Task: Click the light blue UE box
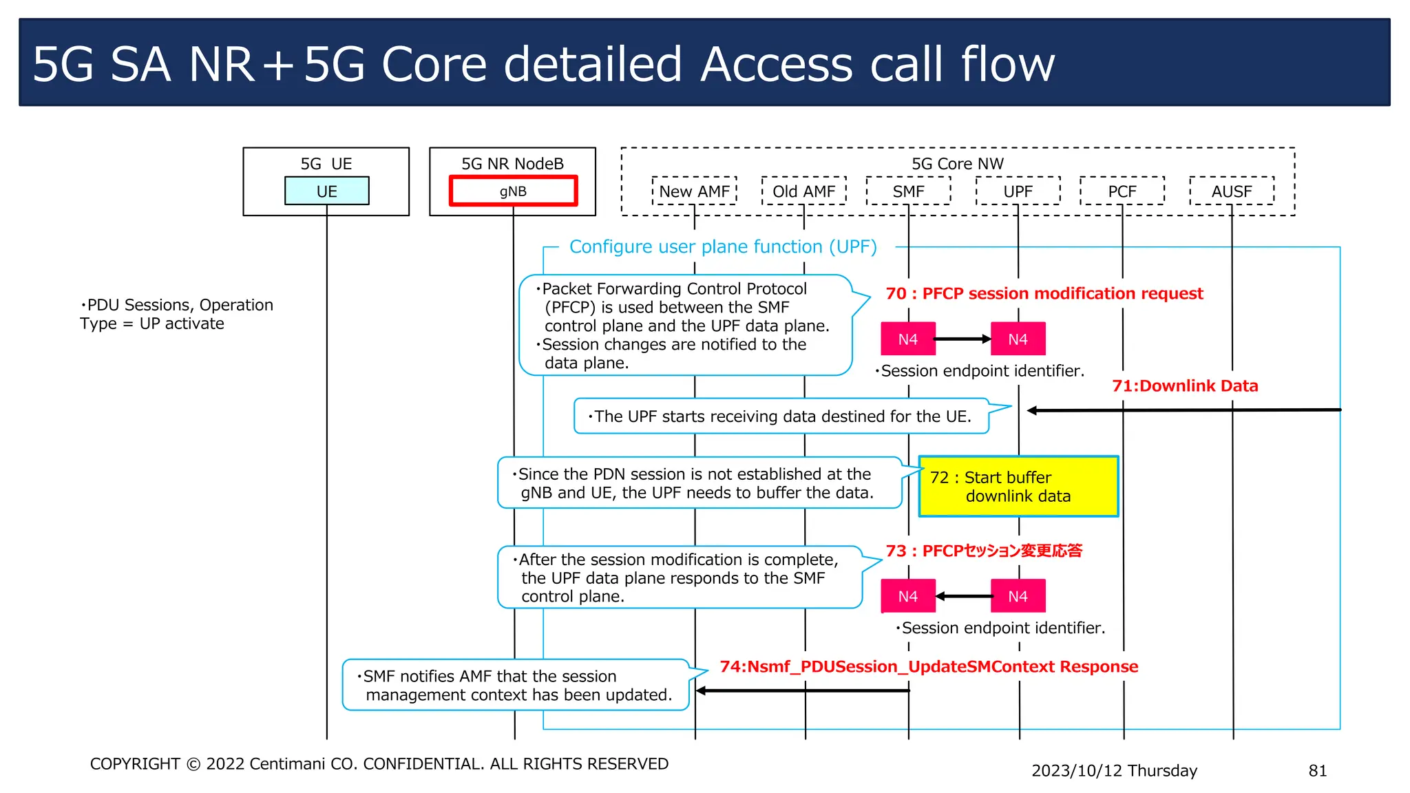coord(326,191)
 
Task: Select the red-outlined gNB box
coord(513,191)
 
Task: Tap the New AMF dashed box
coord(694,191)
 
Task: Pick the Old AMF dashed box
coord(803,191)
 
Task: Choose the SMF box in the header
coord(908,191)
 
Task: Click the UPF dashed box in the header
coord(1018,191)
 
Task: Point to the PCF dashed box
coord(1122,191)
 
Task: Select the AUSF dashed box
coord(1231,191)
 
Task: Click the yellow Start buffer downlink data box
coord(1018,486)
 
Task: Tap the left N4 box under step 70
coord(907,339)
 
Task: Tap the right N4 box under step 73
coord(1018,596)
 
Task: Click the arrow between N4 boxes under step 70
coord(962,339)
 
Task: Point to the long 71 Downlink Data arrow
coord(1184,410)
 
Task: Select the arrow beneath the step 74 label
coord(802,690)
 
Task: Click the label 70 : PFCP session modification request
coord(1044,293)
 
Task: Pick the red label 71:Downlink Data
coord(1185,385)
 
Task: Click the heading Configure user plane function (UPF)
coord(723,246)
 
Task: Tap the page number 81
coord(1317,770)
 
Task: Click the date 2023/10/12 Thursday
coord(1114,770)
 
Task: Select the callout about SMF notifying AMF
coord(515,685)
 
